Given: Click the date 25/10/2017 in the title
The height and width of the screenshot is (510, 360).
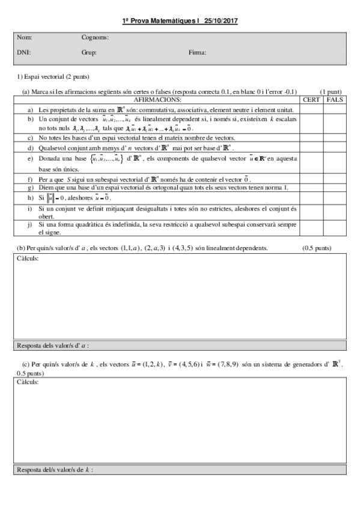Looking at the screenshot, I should point(221,21).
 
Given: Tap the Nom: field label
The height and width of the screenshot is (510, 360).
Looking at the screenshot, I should point(25,37).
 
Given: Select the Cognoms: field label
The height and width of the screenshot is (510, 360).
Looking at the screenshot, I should point(95,37).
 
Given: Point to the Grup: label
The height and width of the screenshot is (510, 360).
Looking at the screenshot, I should point(89,52).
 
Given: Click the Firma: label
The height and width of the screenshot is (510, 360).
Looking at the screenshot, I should point(197,52).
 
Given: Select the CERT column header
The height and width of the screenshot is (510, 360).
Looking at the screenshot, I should point(311,99).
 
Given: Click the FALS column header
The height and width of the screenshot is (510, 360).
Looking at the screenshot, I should point(335,99).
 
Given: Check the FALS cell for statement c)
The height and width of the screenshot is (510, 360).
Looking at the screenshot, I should point(335,138).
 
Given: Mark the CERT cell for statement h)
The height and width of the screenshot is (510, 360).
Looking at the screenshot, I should point(311,198).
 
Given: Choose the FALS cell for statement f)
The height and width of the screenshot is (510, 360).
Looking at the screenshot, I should point(335,179).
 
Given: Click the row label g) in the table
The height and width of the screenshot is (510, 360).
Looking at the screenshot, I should point(31,188).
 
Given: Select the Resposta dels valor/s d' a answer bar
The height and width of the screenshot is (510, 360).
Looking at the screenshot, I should point(180,346).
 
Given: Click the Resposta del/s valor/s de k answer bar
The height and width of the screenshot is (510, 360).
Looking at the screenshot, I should point(180,469).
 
